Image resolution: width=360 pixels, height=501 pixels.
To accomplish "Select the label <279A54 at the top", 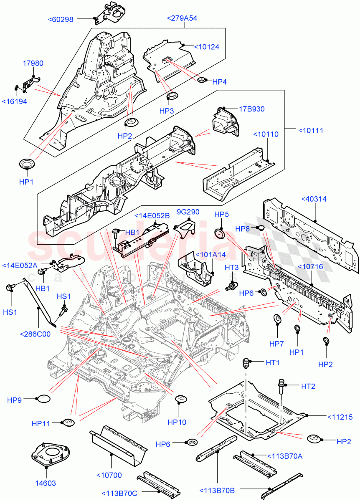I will tap(182, 18).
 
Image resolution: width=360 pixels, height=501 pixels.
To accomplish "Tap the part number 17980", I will tap(33, 63).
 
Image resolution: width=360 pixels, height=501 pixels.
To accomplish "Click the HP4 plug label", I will tap(219, 82).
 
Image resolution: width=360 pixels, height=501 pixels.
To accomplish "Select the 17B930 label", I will tap(251, 109).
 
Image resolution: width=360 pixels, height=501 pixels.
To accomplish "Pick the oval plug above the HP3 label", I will tap(171, 97).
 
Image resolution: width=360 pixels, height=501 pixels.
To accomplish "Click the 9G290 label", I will tap(188, 212).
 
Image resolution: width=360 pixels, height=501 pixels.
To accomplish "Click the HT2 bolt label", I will tap(308, 387).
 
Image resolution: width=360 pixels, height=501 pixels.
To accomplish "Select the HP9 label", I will tap(14, 400).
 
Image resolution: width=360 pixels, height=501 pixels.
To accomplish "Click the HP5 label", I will tap(221, 214).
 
